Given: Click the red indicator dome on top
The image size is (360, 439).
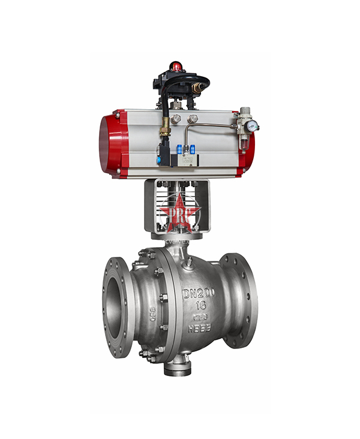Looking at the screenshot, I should tap(176, 65).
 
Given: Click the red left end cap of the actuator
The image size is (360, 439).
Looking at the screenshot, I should tap(113, 144).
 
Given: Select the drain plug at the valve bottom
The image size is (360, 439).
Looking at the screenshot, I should tap(178, 367).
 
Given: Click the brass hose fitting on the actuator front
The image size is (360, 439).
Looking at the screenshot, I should tap(164, 128).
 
